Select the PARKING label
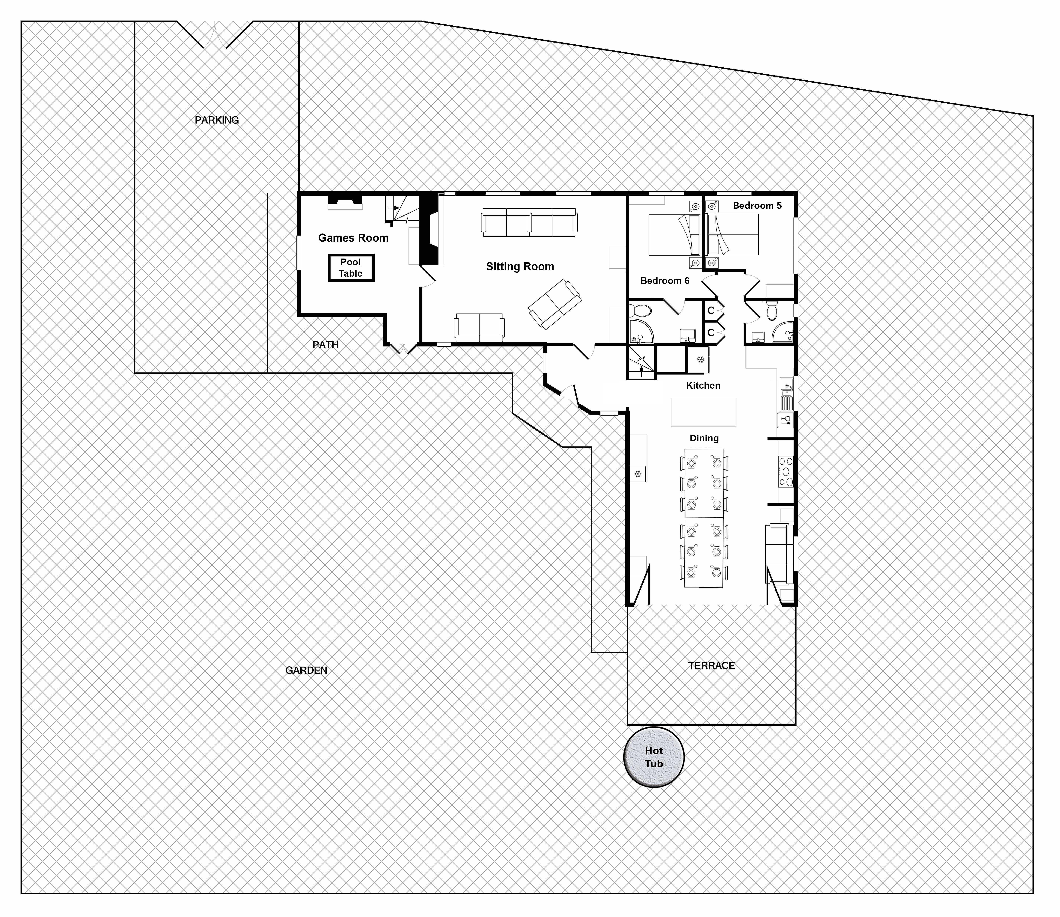click(217, 120)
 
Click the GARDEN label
click(306, 670)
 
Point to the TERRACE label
click(711, 666)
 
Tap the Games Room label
click(353, 238)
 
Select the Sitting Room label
click(520, 267)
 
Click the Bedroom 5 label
click(758, 206)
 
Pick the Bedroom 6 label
click(665, 281)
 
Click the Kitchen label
click(703, 386)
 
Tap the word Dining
click(704, 439)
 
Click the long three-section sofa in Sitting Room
click(529, 222)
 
